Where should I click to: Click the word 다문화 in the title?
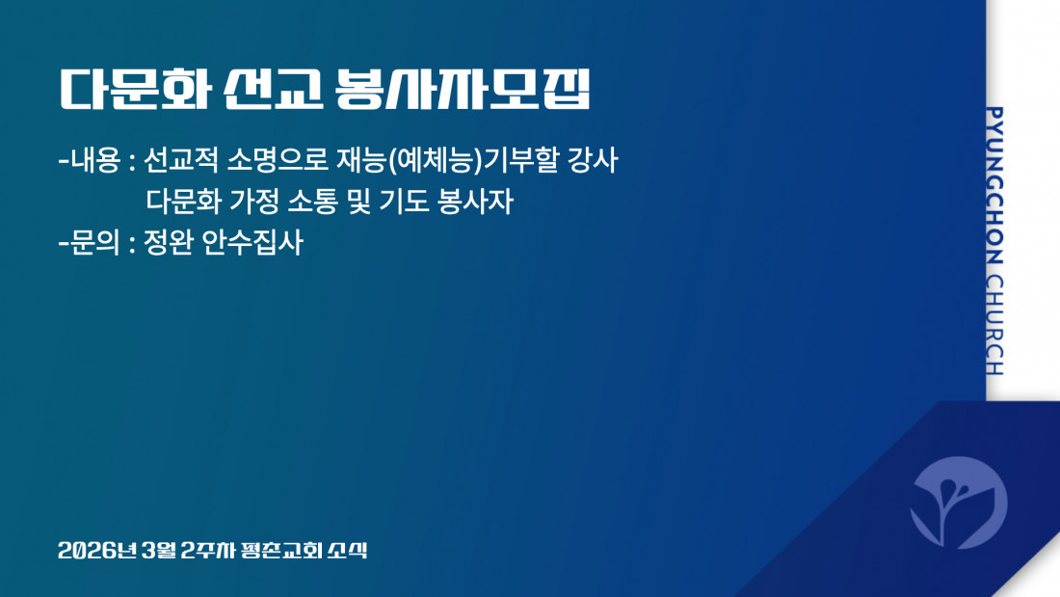pos(136,89)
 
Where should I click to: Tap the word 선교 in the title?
pos(273,89)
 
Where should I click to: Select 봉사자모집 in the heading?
pos(464,89)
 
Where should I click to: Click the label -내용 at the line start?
pos(90,160)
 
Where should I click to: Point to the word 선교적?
pos(181,160)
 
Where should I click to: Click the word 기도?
pos(404,201)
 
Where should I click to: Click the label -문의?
pos(90,242)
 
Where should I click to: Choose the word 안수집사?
pos(252,242)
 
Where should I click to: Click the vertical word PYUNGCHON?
pos(994,185)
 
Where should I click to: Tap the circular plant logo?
pos(959,502)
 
